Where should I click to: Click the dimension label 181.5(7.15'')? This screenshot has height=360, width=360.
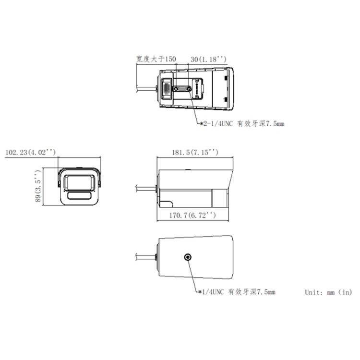click(x=195, y=152)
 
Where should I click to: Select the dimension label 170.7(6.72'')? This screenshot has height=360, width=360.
click(x=192, y=216)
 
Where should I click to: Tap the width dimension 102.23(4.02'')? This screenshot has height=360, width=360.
click(x=30, y=152)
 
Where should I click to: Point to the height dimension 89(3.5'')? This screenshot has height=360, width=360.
click(x=38, y=186)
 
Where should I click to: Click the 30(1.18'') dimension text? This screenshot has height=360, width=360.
click(x=208, y=59)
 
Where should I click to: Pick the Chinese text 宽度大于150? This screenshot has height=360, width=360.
click(x=156, y=59)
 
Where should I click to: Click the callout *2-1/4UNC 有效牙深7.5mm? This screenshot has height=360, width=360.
click(x=242, y=124)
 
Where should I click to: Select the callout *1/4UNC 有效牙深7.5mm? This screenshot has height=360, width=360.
click(x=237, y=292)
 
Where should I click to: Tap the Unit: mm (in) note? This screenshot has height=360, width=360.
click(x=328, y=292)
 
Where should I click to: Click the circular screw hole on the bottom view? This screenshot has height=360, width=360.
click(x=188, y=257)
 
